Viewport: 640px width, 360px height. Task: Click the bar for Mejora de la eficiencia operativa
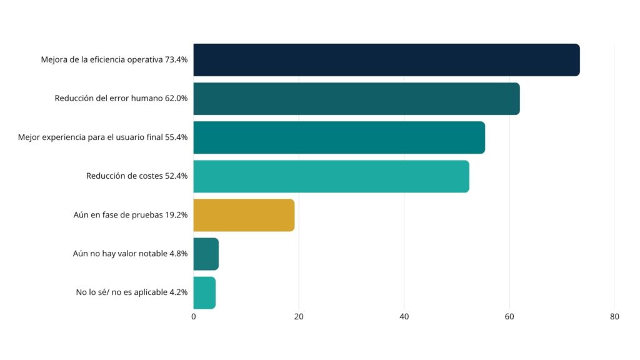(386, 60)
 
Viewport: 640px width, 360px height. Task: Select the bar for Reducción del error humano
(356, 99)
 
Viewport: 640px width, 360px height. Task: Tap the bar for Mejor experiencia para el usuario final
(339, 137)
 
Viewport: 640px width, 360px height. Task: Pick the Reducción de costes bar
(331, 176)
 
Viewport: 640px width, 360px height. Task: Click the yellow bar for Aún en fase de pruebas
(244, 215)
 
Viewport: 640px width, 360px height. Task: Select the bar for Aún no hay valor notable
(206, 254)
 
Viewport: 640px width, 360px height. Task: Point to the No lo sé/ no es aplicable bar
(204, 292)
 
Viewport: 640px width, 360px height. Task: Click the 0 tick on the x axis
(194, 317)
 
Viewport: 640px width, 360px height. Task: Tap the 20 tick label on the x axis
(299, 317)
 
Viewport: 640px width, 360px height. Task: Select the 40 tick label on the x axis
(404, 317)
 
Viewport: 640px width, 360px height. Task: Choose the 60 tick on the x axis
(509, 317)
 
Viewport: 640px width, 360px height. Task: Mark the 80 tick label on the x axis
(614, 317)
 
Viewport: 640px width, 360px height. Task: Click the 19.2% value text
(176, 215)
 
